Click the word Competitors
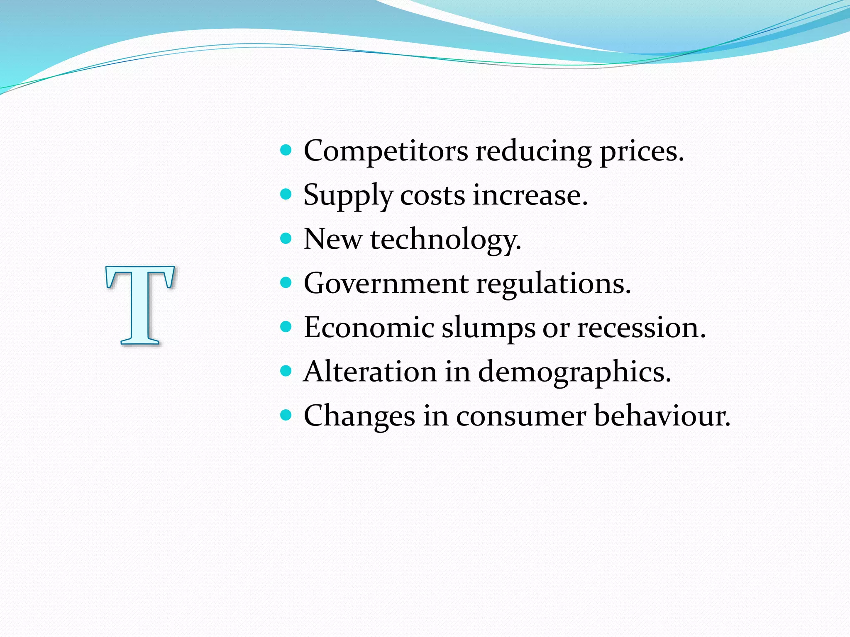pyautogui.click(x=386, y=151)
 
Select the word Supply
pyautogui.click(x=348, y=196)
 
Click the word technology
pyautogui.click(x=445, y=240)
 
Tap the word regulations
pyautogui.click(x=553, y=284)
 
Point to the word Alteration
pyautogui.click(x=370, y=372)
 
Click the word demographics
pyautogui.click(x=574, y=372)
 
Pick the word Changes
pyautogui.click(x=359, y=416)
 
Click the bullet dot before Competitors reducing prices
pyautogui.click(x=286, y=150)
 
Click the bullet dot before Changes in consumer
pyautogui.click(x=286, y=415)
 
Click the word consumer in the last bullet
pyautogui.click(x=521, y=416)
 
